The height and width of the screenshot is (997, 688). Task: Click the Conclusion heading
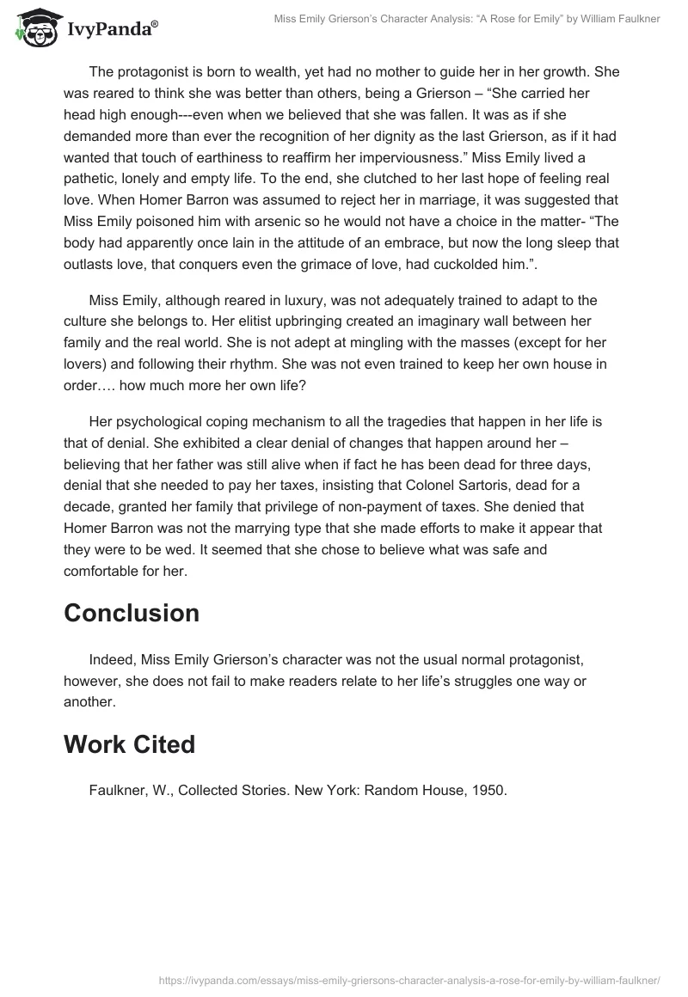132,613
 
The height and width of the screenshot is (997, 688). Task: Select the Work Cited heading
129,744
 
